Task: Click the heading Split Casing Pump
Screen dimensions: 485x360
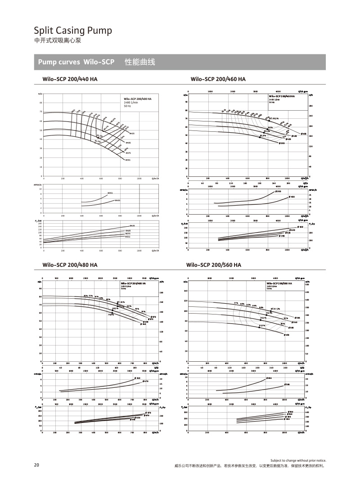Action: [x=73, y=31]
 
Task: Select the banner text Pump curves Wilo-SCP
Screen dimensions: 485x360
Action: [x=76, y=62]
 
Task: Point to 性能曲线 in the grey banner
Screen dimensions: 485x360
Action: [x=139, y=62]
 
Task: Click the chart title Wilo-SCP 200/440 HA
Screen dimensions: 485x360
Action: [x=70, y=79]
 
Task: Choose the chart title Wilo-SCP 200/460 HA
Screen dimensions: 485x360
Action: [x=218, y=79]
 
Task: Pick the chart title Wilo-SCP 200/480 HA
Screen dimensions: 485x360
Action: [x=70, y=265]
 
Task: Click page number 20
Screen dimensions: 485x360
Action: [x=36, y=465]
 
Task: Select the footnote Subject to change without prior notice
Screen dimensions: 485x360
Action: [x=298, y=461]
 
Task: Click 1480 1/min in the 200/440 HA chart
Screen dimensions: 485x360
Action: [x=132, y=103]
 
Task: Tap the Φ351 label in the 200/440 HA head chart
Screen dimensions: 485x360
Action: [x=128, y=160]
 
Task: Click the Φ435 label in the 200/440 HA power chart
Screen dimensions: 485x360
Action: [x=132, y=225]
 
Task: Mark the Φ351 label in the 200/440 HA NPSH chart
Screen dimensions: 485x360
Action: [x=110, y=193]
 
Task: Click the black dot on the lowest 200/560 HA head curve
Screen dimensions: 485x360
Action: [x=259, y=328]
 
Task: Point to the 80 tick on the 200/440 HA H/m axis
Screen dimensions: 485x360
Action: [x=41, y=103]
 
